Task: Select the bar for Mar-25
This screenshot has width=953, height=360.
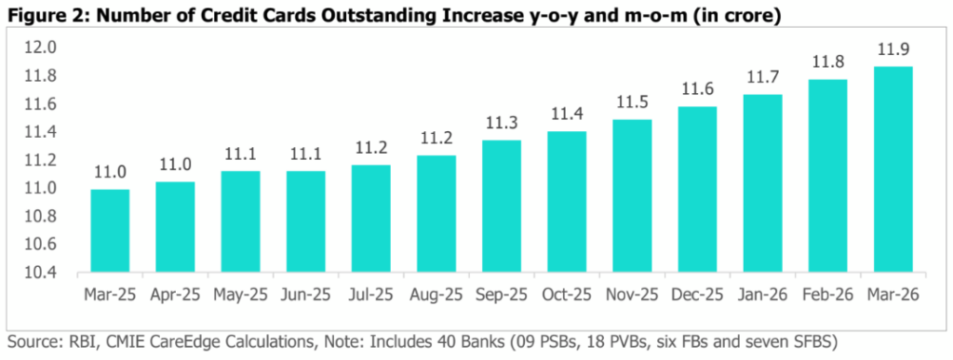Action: pos(110,231)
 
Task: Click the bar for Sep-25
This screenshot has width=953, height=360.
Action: pos(502,206)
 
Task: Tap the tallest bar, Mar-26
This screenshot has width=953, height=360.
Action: pos(893,169)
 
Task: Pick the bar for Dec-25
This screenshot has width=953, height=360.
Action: pos(697,190)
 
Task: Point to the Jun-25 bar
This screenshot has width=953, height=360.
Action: pos(305,221)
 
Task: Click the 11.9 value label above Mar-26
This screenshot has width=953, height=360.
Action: pos(893,50)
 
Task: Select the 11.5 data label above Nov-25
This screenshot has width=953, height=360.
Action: pos(632,102)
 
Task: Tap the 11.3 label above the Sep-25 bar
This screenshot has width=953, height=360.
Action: pos(502,123)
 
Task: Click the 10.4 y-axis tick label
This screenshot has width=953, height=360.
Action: pos(39,273)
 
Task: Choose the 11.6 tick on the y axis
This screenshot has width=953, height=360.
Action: pos(39,104)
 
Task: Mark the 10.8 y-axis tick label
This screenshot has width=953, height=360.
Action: pos(39,217)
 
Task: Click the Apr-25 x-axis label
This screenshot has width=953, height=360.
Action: pos(175,295)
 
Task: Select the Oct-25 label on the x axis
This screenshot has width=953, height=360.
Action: pos(567,295)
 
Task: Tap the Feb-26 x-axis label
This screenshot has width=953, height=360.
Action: pos(827,295)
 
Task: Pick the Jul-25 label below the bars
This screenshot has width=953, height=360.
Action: pos(371,295)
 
